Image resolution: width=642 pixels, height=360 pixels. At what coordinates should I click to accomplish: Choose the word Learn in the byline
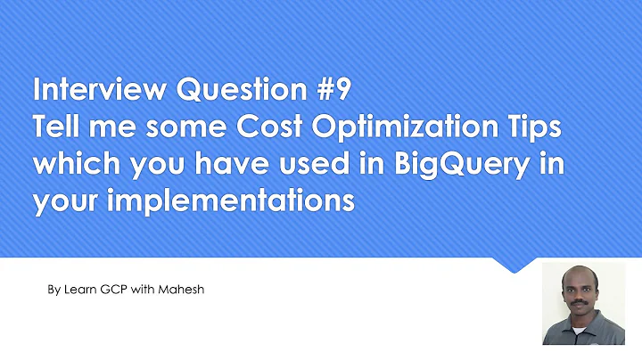79,290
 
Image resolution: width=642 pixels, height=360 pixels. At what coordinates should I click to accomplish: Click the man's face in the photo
578,299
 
